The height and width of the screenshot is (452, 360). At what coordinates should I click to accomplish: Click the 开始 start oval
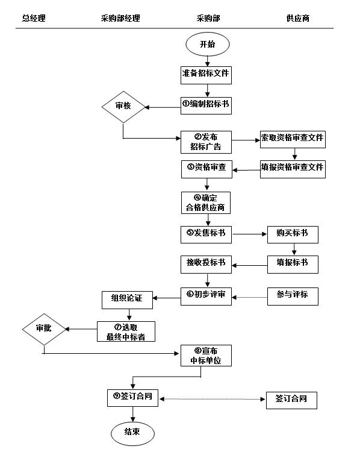tap(207, 45)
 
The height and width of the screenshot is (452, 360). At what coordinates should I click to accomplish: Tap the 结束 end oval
tap(133, 432)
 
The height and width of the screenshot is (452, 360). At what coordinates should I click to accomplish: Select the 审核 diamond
tap(123, 107)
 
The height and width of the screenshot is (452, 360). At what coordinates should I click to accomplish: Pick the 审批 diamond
tap(43, 329)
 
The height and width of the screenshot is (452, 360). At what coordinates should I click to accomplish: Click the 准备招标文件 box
tap(206, 75)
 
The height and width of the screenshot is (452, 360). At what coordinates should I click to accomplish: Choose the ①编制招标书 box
tap(206, 105)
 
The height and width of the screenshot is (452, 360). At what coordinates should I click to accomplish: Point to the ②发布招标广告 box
tap(206, 142)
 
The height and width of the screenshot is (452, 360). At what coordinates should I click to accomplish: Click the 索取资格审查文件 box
tap(293, 138)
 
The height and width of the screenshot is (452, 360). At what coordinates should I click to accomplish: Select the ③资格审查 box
tap(206, 168)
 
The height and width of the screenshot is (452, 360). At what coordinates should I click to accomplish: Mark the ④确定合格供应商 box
tap(206, 202)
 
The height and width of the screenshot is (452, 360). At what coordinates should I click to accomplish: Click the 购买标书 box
tap(293, 234)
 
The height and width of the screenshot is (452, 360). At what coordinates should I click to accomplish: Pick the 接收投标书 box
tap(206, 264)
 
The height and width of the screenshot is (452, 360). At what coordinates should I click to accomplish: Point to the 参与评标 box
tap(293, 295)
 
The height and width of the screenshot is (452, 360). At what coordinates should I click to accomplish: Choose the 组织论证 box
tap(128, 298)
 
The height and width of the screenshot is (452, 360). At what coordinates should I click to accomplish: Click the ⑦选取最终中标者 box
tap(126, 331)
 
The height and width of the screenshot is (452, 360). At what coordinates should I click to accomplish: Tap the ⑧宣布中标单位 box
tap(206, 356)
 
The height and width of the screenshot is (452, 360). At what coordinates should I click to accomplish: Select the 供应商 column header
tap(297, 19)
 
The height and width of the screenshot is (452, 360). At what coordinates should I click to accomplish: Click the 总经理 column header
tap(34, 19)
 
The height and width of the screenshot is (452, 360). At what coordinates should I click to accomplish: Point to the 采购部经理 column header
tap(120, 19)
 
